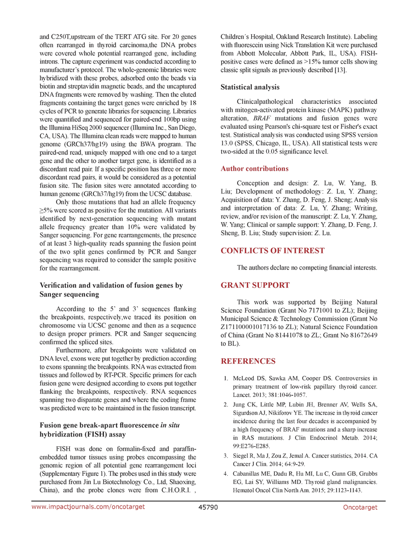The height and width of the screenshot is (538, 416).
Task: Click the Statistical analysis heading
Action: coord(250,87)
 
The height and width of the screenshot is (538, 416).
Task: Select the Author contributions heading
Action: coord(254,169)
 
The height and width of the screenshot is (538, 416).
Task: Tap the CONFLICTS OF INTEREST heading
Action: coord(272,251)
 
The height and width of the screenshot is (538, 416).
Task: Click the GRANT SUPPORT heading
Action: coord(255,285)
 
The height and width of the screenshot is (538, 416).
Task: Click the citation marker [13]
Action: coord(340,69)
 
